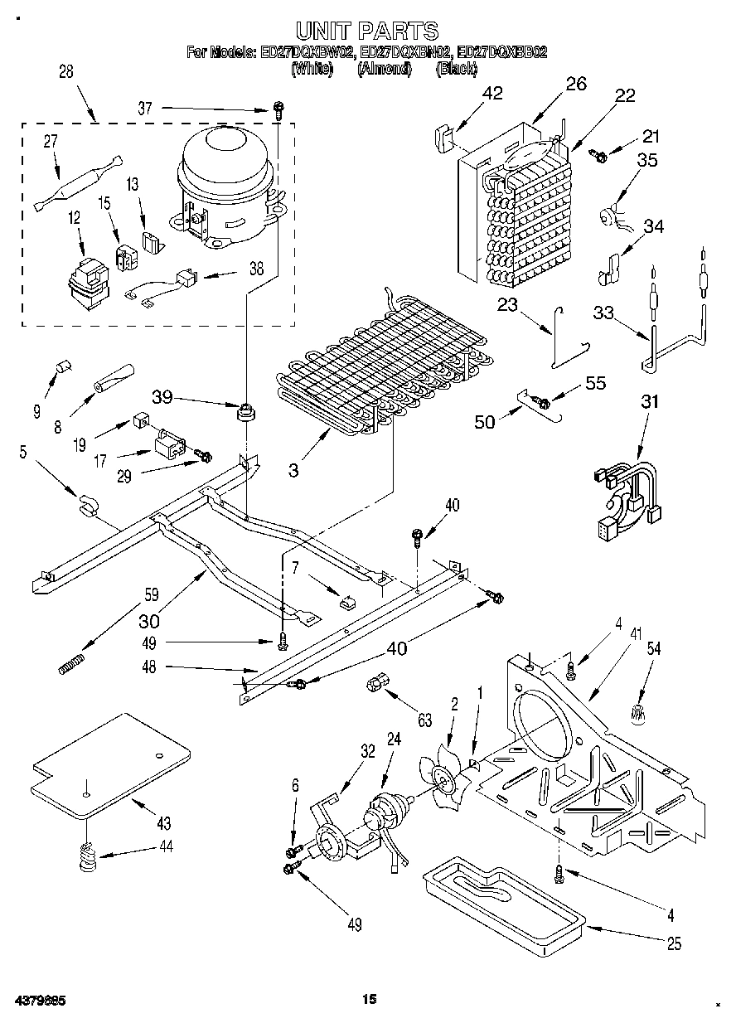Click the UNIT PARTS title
[367, 32]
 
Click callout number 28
[65, 73]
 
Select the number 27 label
[51, 142]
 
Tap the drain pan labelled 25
[501, 899]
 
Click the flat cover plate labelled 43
[112, 759]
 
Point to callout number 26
[576, 83]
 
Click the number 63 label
[425, 721]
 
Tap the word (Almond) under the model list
[385, 70]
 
